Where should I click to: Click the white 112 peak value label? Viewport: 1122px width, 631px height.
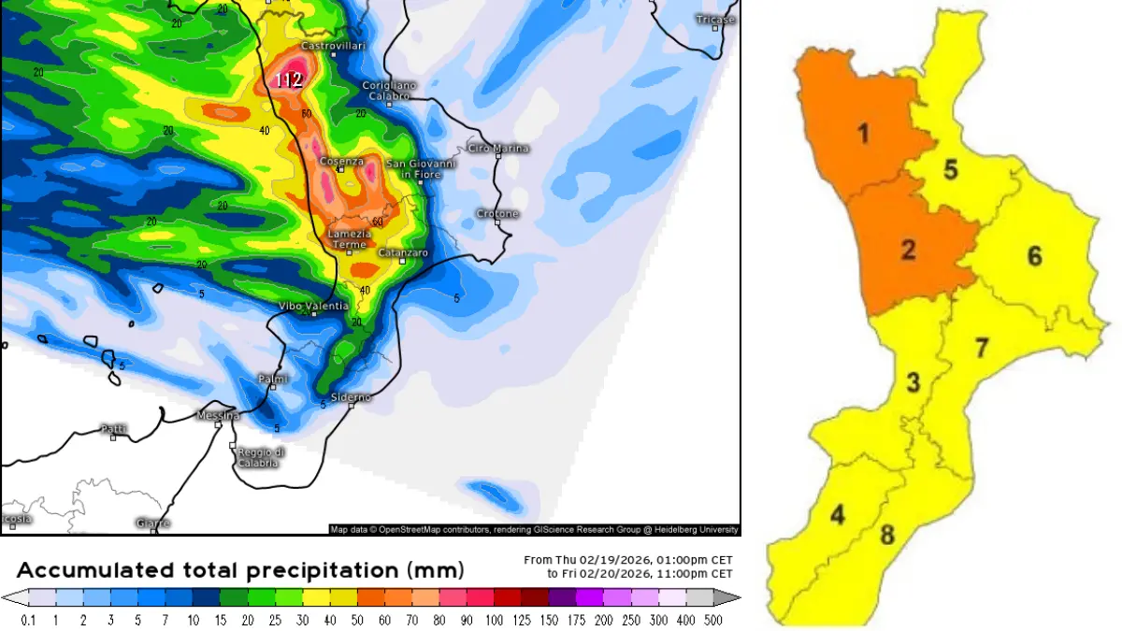[x=288, y=80]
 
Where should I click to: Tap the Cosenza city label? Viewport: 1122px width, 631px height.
[x=341, y=161]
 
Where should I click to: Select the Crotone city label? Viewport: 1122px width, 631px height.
[x=496, y=214]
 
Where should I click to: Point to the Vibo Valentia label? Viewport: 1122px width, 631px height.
[x=314, y=306]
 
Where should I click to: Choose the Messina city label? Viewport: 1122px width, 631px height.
[x=218, y=415]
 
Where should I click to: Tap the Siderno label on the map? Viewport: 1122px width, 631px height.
[x=352, y=397]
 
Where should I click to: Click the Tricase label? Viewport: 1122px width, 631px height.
[x=717, y=19]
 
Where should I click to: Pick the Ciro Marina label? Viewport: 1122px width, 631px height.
[x=498, y=148]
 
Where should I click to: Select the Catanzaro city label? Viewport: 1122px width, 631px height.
[x=403, y=253]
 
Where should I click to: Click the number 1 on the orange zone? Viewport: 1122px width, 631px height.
[x=863, y=134]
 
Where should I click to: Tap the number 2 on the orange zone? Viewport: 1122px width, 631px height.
[x=908, y=250]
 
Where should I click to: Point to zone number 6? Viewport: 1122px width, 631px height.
[x=1034, y=255]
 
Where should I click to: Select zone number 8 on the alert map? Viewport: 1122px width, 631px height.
[x=887, y=536]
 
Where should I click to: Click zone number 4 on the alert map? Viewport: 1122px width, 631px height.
[x=837, y=515]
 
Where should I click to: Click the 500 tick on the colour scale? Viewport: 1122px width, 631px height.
[x=713, y=619]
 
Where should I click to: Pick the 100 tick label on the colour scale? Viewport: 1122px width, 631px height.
[x=480, y=619]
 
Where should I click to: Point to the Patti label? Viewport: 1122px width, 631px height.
[x=113, y=429]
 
